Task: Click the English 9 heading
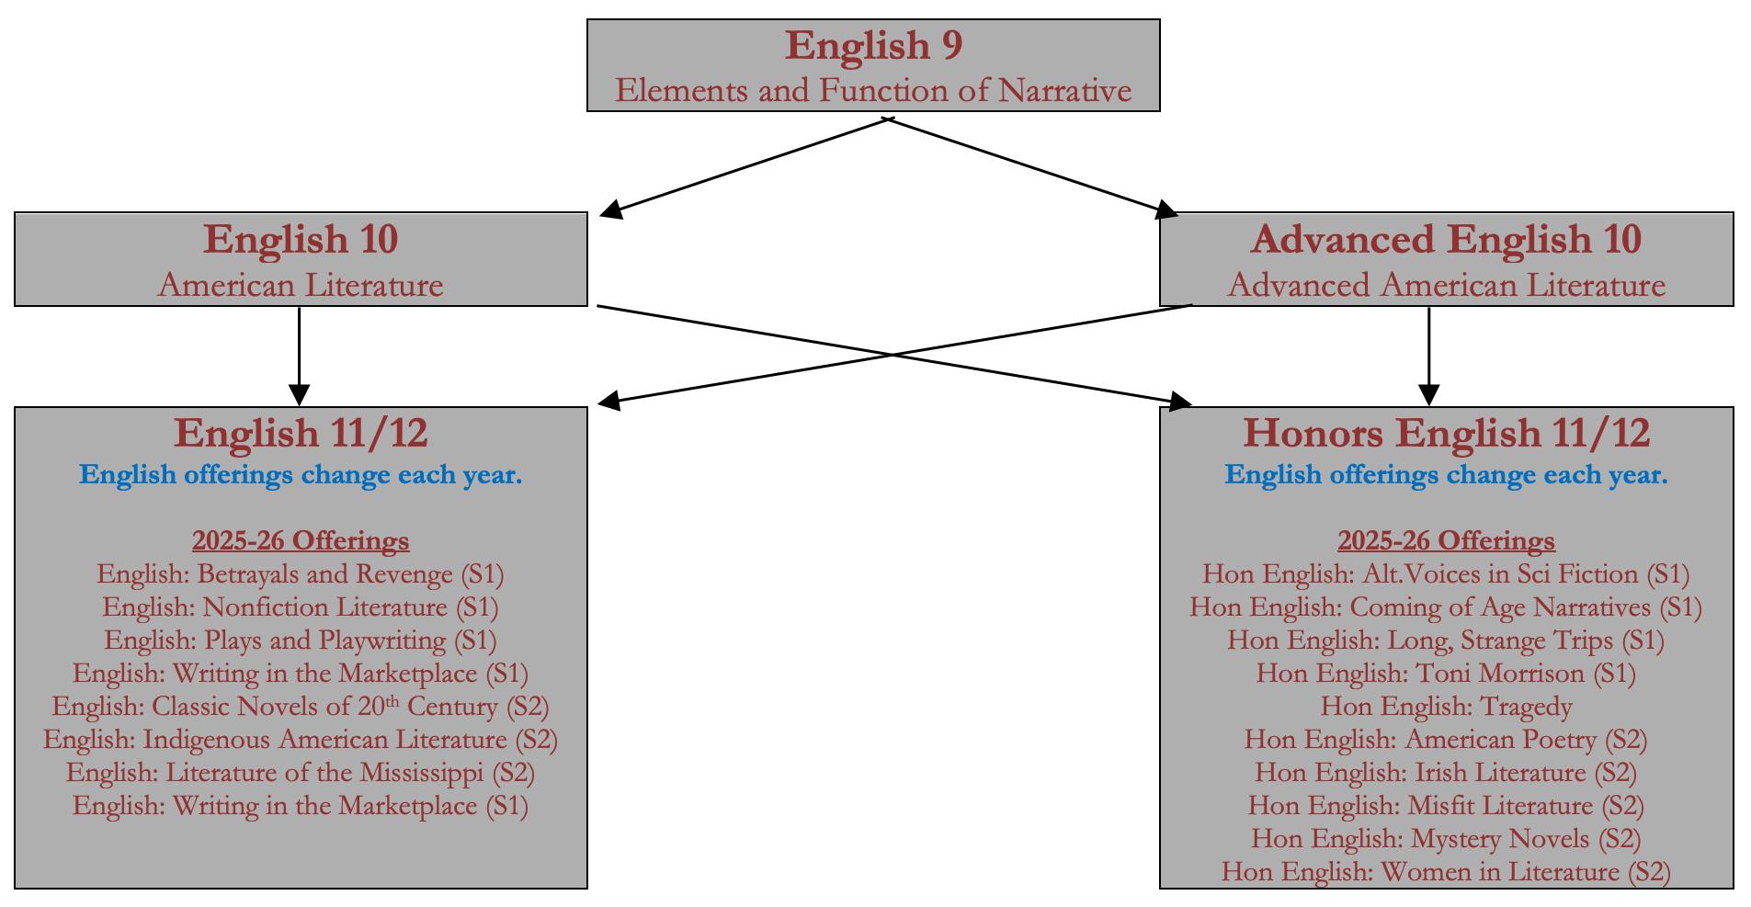(x=873, y=46)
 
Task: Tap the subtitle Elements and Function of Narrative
(x=873, y=91)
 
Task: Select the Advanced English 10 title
(x=1446, y=240)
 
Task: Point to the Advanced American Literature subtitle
(x=1446, y=286)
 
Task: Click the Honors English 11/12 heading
(x=1446, y=434)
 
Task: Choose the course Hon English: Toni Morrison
(x=1446, y=674)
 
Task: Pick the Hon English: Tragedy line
(x=1446, y=707)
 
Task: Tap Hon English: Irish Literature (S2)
(x=1446, y=773)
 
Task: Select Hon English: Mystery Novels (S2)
(x=1446, y=839)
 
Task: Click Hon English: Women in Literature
(x=1446, y=872)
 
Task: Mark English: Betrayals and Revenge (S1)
(x=301, y=574)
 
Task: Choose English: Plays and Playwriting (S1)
(x=301, y=641)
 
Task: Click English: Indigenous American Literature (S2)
(x=301, y=740)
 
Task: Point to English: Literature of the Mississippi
(x=301, y=773)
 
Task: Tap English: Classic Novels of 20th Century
(x=301, y=707)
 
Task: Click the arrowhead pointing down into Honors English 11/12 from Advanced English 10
(x=1428, y=395)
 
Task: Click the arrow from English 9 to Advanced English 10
(x=1029, y=166)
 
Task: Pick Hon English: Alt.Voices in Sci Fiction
(x=1446, y=574)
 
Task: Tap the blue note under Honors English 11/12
(x=1446, y=475)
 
